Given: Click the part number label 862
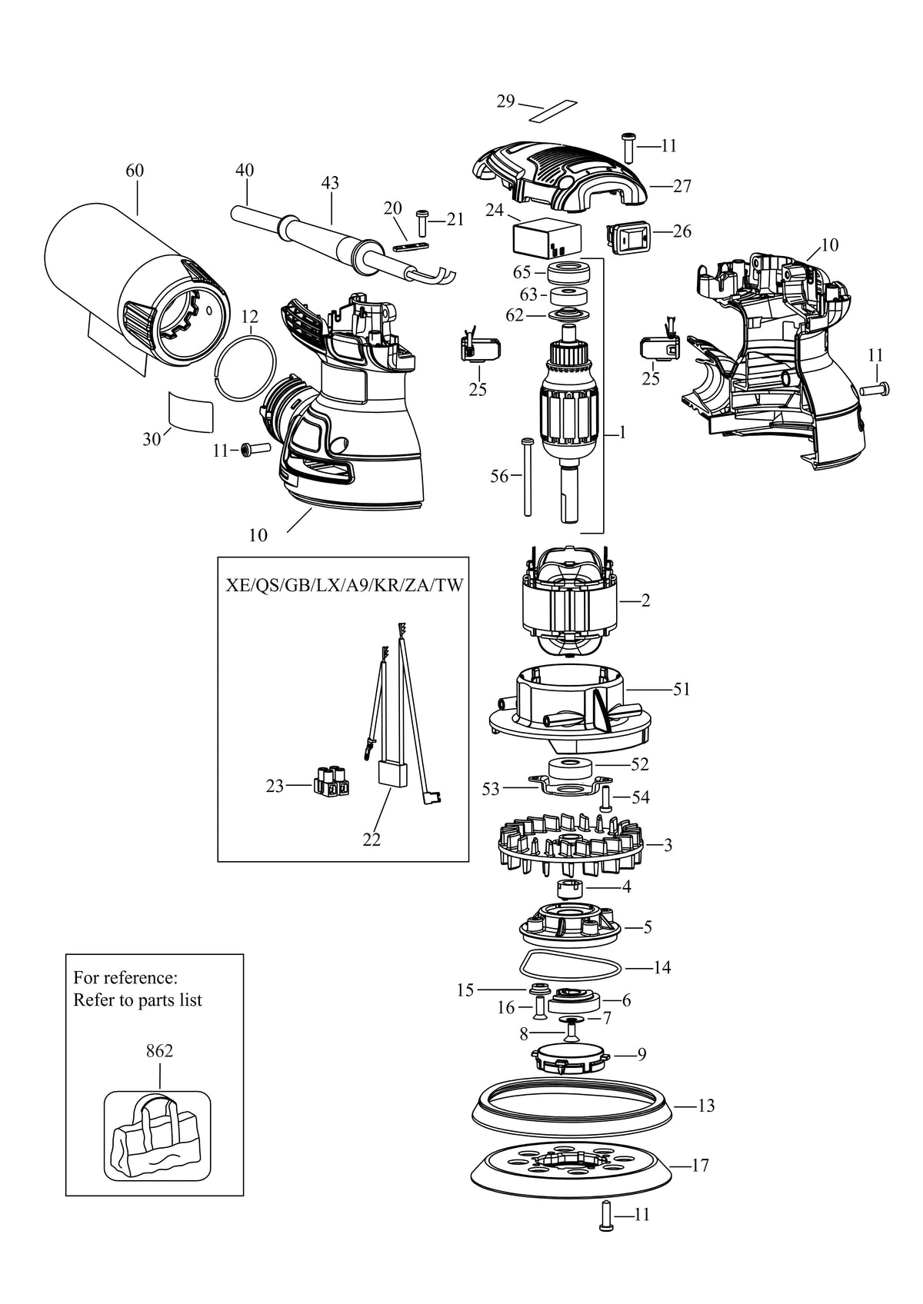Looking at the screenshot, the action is point(159,1050).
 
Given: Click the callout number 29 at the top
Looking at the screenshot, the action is point(505,101).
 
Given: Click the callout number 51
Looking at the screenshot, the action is point(681,689).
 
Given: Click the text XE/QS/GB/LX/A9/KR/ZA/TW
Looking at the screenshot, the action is point(344,585).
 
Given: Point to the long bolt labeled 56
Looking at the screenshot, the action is point(527,476).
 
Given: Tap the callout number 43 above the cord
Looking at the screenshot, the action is point(330,183).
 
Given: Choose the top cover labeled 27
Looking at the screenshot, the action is point(558,176).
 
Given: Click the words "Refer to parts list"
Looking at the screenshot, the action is point(138,1000).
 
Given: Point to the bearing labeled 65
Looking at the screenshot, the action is point(569,272).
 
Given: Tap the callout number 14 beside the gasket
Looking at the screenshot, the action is point(662,967).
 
